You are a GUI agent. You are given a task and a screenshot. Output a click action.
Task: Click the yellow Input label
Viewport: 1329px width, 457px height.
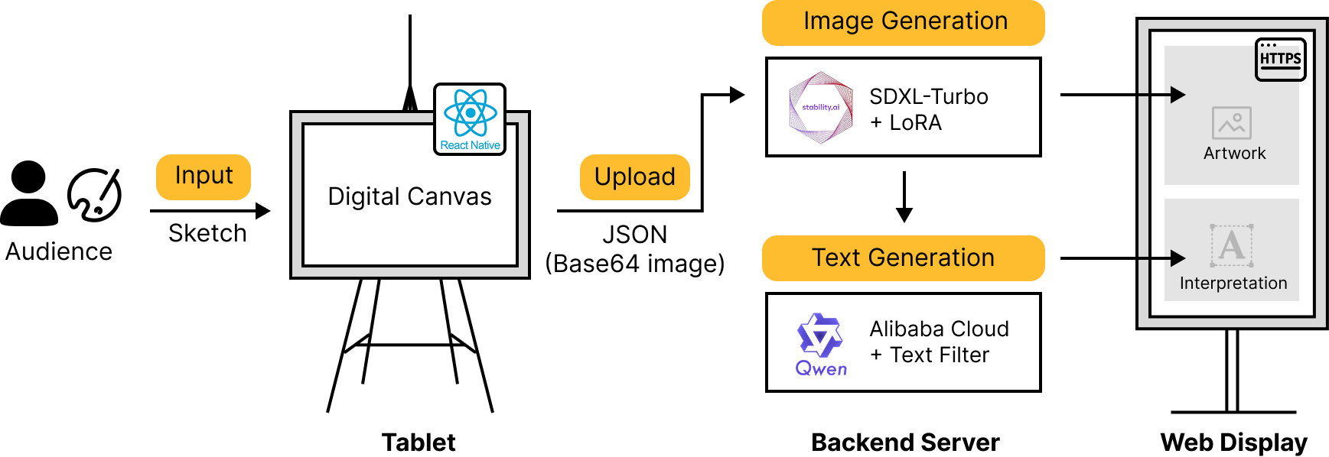(203, 177)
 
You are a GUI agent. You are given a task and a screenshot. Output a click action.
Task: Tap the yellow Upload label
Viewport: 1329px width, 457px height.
(634, 177)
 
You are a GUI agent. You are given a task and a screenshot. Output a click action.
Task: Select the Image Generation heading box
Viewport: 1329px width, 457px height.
(903, 22)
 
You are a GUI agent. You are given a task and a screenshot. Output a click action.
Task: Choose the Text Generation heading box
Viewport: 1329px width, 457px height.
(903, 258)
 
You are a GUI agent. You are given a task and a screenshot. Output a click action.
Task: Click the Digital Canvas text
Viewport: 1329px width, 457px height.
(409, 196)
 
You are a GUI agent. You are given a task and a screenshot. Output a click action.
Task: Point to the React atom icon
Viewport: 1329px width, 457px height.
(470, 112)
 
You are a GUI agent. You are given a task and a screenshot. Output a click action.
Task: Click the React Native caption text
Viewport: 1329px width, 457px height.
(470, 145)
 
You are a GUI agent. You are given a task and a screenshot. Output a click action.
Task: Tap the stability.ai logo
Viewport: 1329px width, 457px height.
(820, 108)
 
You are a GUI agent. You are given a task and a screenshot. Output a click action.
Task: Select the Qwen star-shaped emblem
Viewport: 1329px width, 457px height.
(819, 335)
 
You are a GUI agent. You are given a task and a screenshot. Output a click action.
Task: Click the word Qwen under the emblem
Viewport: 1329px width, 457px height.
(821, 369)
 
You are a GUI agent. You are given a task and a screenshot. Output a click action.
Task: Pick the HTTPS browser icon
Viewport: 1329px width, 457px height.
(1280, 59)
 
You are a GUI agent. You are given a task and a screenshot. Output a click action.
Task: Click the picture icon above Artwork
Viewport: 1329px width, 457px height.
(1231, 123)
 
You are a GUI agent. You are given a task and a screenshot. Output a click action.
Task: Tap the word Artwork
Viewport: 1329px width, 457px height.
(1234, 154)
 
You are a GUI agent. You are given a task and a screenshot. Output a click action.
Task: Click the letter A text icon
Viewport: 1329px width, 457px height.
(1231, 245)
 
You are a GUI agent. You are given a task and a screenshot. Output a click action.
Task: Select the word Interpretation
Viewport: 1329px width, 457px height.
(1233, 284)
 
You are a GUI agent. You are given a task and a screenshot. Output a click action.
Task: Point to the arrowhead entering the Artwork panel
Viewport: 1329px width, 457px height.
(1178, 95)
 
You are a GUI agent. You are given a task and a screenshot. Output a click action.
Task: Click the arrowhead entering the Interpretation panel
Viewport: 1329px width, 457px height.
(1178, 258)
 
